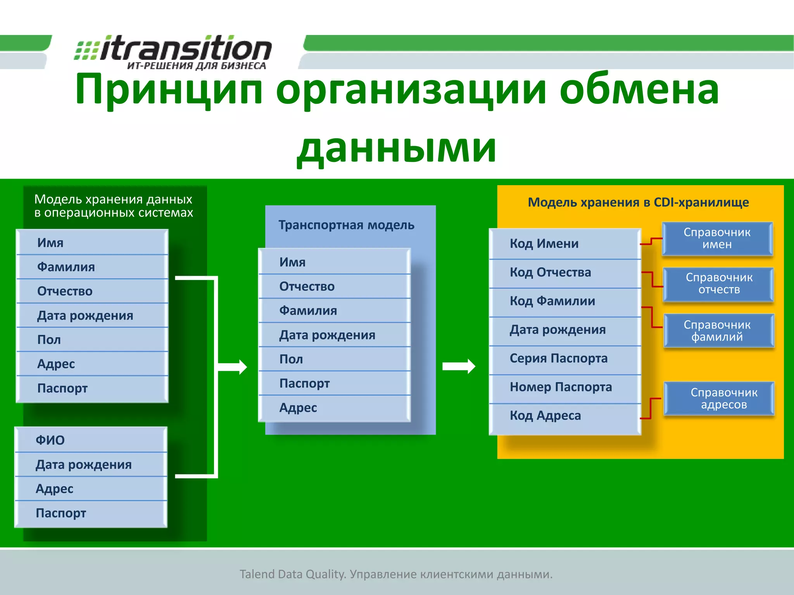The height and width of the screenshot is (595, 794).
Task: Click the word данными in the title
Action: click(396, 148)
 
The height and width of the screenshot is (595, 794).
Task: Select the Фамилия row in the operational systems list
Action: click(92, 267)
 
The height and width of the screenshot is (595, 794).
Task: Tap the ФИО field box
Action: click(91, 440)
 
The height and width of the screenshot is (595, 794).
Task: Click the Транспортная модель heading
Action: click(346, 225)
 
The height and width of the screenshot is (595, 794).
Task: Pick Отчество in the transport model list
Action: click(334, 286)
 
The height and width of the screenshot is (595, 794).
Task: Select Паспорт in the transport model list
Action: click(334, 383)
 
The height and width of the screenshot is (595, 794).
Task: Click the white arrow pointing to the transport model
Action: click(233, 367)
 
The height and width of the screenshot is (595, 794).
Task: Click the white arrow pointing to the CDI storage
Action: click(459, 366)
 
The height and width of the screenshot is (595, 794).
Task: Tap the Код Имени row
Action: click(564, 244)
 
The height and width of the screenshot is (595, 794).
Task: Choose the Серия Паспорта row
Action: click(564, 358)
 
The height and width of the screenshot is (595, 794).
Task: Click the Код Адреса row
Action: click(564, 416)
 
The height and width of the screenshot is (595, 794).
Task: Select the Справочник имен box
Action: click(717, 238)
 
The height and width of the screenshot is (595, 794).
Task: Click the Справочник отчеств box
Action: click(719, 284)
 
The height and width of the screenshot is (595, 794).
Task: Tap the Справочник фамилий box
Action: click(719, 330)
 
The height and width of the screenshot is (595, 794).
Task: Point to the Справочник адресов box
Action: click(720, 398)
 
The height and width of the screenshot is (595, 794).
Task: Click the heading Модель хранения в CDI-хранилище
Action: click(638, 202)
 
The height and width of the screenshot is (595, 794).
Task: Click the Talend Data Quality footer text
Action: click(396, 574)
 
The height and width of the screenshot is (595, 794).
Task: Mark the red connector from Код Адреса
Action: click(650, 409)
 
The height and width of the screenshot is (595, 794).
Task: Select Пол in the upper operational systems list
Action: click(92, 340)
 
